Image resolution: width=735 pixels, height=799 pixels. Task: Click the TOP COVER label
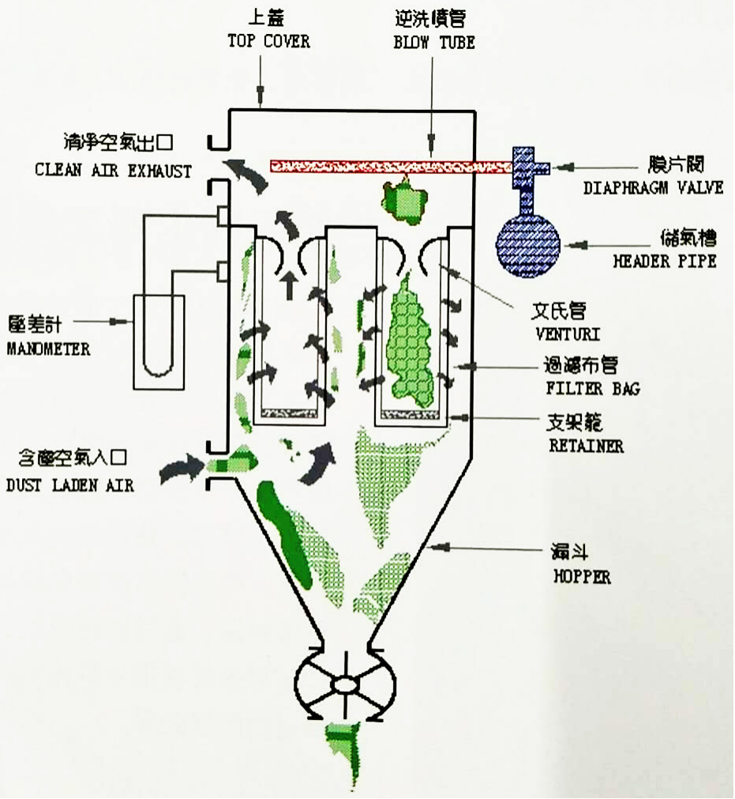pos(268,41)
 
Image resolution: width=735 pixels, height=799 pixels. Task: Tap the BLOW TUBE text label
pos(434,42)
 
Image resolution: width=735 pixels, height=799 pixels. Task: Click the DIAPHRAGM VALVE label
pos(653,188)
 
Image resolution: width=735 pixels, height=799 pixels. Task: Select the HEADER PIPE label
pos(664,260)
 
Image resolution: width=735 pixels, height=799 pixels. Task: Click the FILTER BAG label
pos(592,389)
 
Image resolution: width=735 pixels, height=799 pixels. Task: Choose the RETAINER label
pos(586,445)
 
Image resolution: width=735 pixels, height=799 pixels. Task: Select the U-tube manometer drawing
pos(159,340)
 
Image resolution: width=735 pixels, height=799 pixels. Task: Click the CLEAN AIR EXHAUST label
pos(113,171)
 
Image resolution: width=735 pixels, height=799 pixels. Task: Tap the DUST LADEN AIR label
pos(69,485)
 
